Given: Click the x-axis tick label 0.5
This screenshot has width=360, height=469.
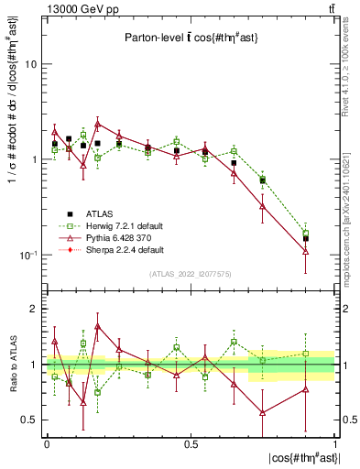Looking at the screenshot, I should pos(191,444).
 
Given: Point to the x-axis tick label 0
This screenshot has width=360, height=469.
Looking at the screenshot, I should pos(47,444).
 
